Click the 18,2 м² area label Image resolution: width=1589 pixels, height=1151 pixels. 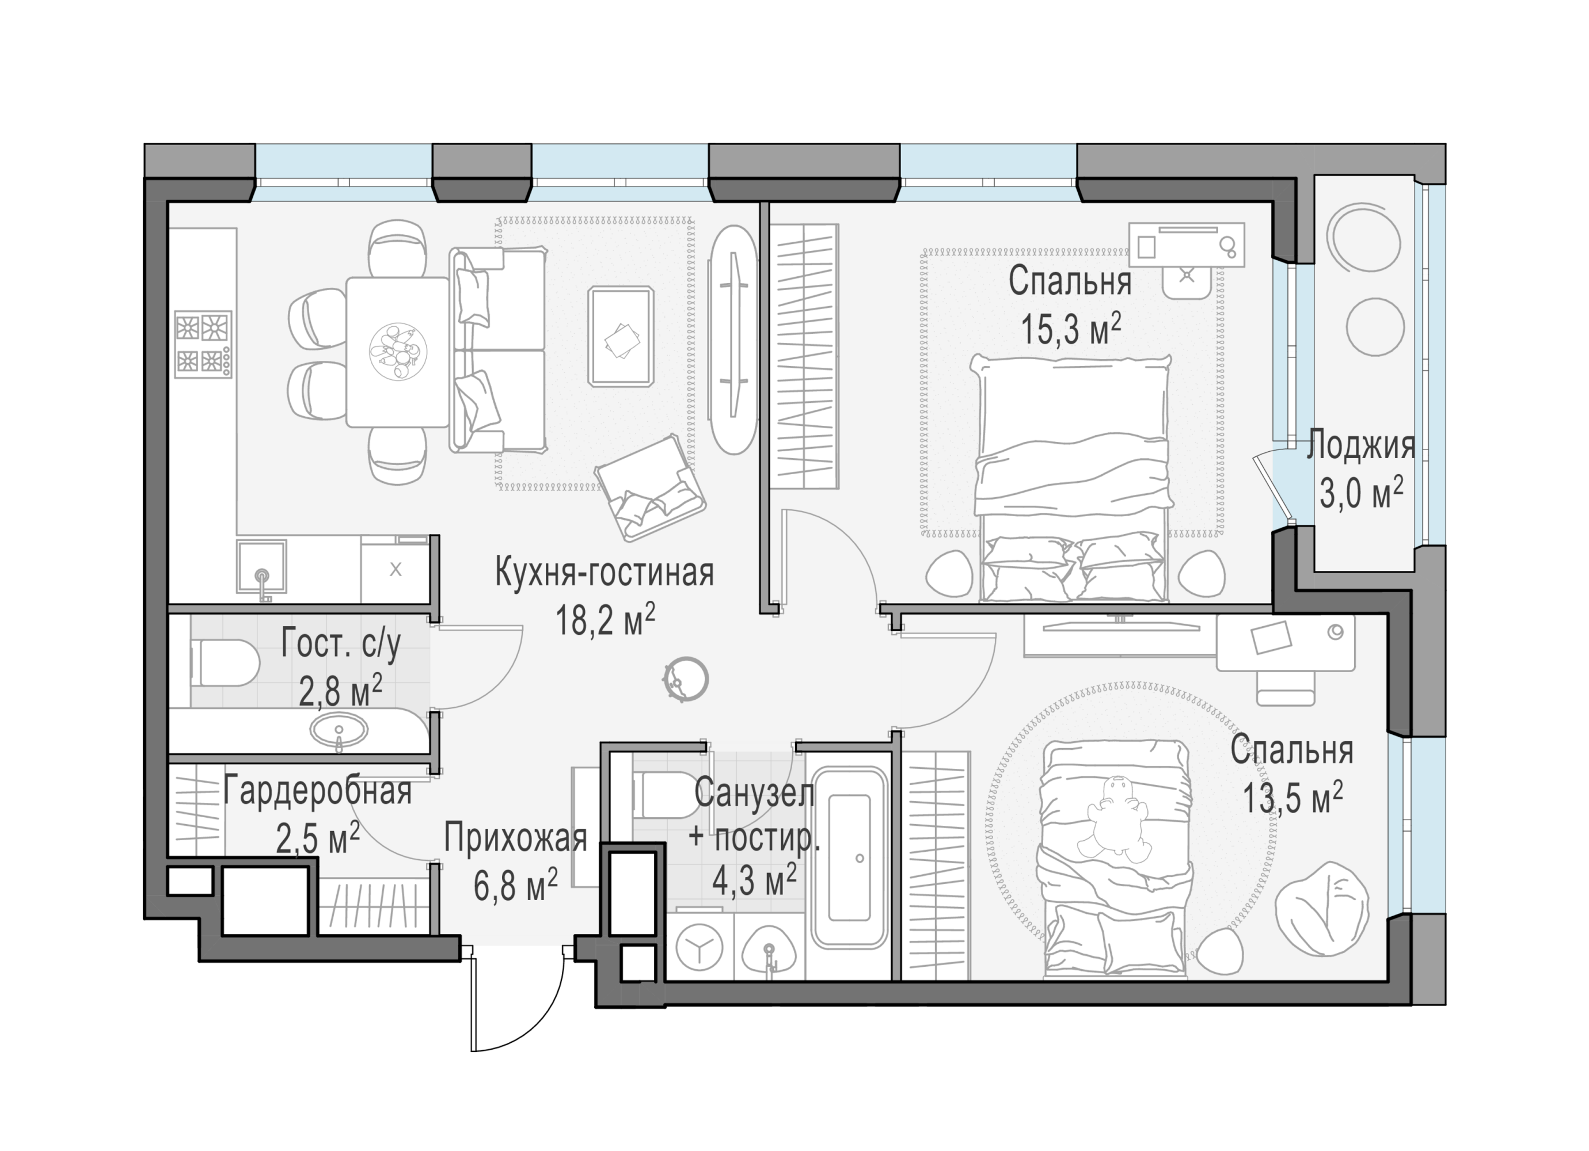click(605, 619)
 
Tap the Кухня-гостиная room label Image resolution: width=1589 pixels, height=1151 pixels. click(605, 573)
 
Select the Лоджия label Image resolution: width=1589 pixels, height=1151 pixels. click(1360, 446)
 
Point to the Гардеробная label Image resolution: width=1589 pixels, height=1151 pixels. click(317, 792)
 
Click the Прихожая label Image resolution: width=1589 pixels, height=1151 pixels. click(516, 838)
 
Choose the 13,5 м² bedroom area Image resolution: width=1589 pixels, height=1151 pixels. click(1293, 797)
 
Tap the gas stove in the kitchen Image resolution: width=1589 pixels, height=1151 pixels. click(203, 345)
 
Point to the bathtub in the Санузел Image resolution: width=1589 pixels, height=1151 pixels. click(849, 859)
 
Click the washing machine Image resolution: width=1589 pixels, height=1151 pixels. click(699, 947)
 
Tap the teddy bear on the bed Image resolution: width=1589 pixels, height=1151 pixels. click(1118, 819)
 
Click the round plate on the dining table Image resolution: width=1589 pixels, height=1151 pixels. click(398, 352)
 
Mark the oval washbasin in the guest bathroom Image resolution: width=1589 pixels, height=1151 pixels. click(339, 731)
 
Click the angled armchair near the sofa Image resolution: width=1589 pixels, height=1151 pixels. click(649, 487)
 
